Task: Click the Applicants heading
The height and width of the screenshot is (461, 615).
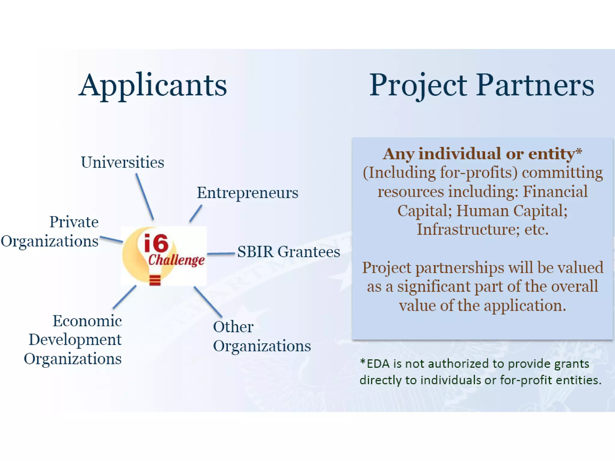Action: pyautogui.click(x=153, y=86)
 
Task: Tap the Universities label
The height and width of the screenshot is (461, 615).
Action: pyautogui.click(x=123, y=162)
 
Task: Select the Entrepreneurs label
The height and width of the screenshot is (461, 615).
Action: pyautogui.click(x=247, y=192)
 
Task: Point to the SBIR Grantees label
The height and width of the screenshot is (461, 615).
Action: pyautogui.click(x=289, y=252)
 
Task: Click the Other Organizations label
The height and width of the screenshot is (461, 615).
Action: pyautogui.click(x=261, y=336)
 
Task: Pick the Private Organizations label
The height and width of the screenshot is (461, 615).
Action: pyautogui.click(x=50, y=231)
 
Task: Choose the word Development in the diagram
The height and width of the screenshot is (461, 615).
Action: pyautogui.click(x=75, y=340)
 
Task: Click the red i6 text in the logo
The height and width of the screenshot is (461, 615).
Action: pyautogui.click(x=156, y=243)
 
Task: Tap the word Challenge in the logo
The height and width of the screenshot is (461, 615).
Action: pyautogui.click(x=176, y=260)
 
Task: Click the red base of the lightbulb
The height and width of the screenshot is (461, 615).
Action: pyautogui.click(x=155, y=280)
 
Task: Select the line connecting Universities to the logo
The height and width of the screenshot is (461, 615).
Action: pyautogui.click(x=145, y=197)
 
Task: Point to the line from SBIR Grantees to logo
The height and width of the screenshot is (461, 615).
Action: pyautogui.click(x=221, y=254)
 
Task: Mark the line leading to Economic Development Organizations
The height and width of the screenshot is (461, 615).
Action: pyautogui.click(x=125, y=297)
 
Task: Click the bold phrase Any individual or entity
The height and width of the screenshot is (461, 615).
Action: pyautogui.click(x=479, y=154)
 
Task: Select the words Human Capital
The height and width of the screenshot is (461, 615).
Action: pyautogui.click(x=512, y=210)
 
